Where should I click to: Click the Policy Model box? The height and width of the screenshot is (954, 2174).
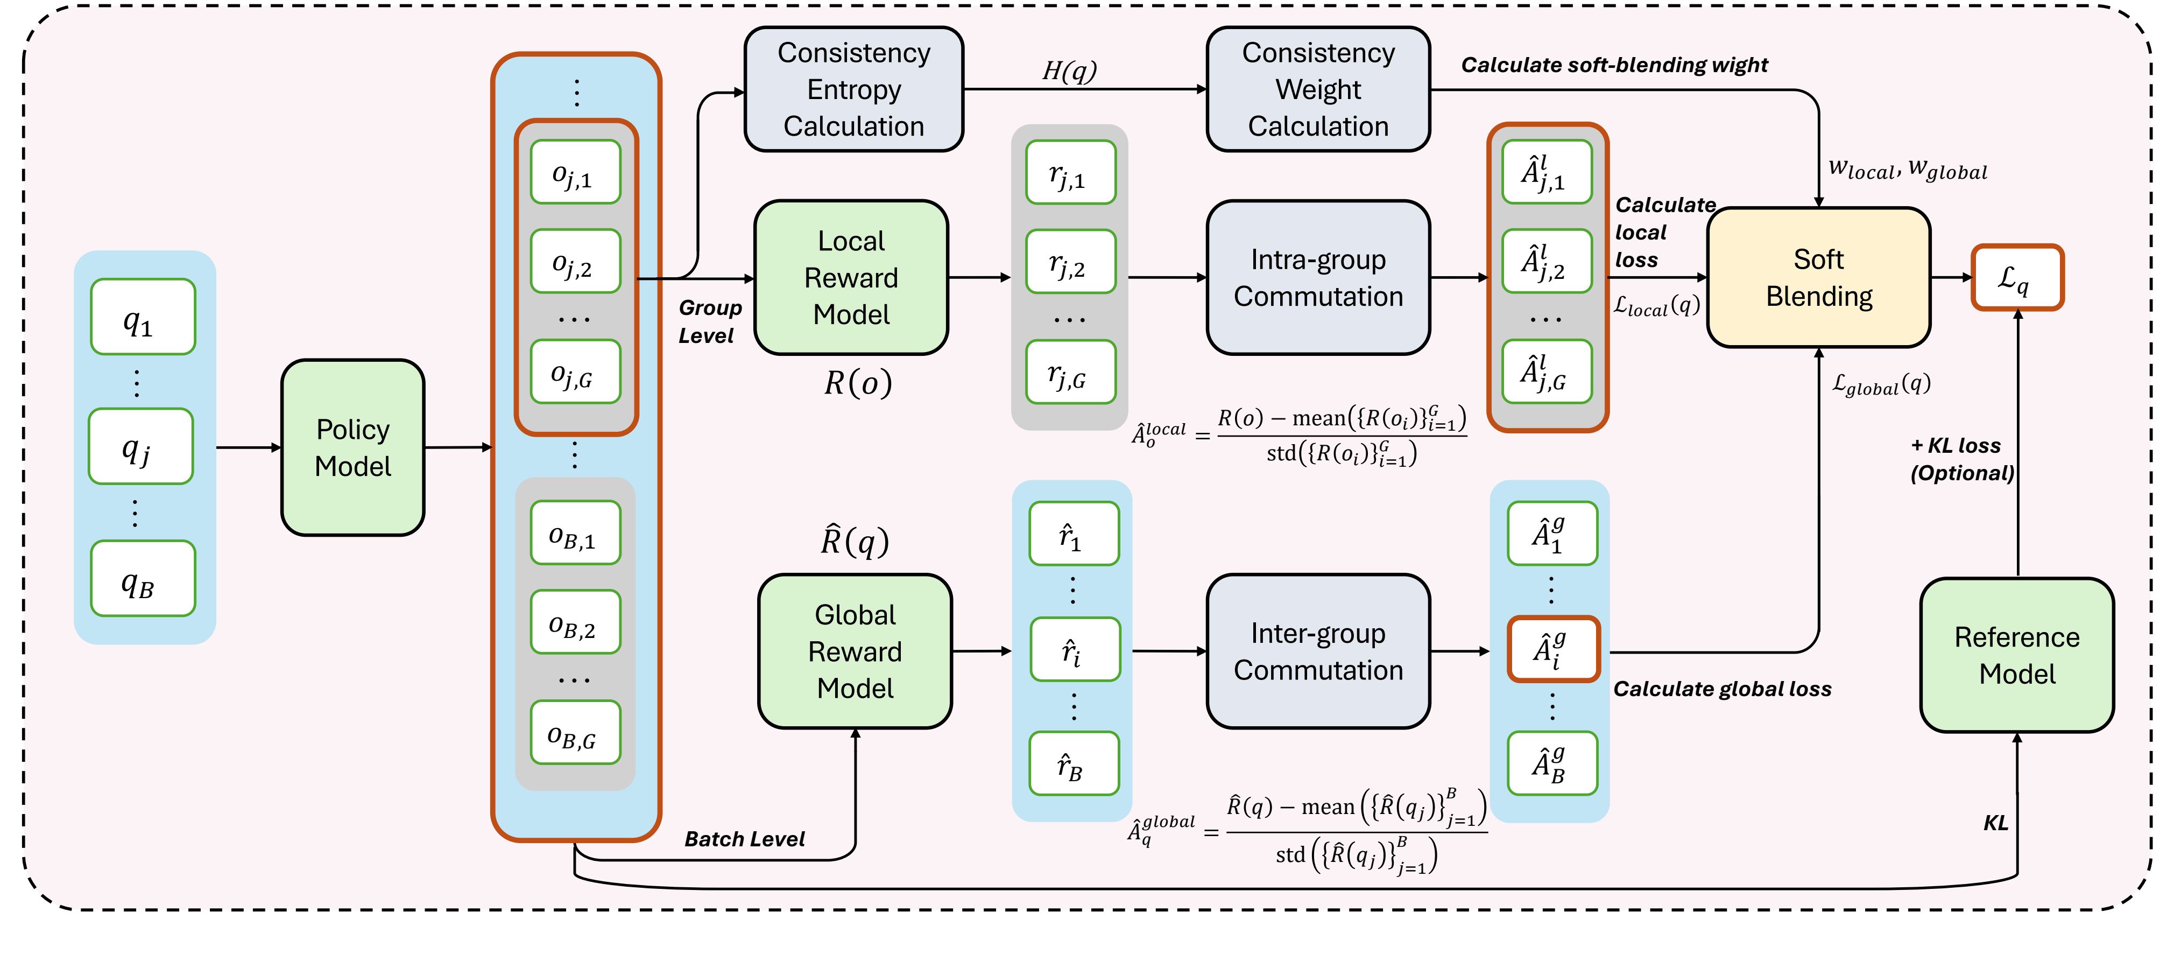353,447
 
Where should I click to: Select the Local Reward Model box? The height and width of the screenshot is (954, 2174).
851,278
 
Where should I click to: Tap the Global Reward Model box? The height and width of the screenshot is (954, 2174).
855,651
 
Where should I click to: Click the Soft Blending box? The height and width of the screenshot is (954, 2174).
1819,278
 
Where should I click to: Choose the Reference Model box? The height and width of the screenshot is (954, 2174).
2017,655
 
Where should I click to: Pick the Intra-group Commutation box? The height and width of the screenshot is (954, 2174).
1318,278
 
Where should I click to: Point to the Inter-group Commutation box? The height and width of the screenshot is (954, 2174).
1318,651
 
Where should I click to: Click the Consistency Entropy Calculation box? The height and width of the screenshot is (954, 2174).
853,89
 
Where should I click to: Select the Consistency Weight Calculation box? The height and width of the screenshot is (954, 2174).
1318,89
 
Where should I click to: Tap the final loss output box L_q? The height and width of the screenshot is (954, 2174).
2017,278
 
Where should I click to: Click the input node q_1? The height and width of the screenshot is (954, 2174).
143,317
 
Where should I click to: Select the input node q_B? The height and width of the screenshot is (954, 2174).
143,579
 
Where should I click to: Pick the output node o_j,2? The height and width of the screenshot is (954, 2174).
576,262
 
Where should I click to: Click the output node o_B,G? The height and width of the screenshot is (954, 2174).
576,733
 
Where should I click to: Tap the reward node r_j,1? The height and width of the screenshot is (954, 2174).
1070,172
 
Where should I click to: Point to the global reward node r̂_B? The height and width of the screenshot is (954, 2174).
1074,764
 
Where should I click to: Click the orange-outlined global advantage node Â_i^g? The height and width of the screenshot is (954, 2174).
1553,649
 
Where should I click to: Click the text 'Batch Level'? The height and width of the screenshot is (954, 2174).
744,839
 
